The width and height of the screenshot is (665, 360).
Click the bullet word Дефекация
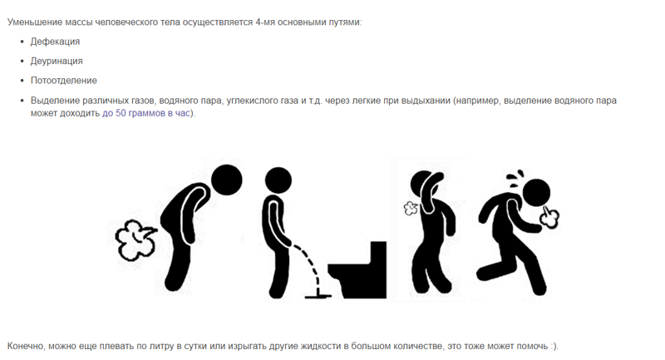point(55,42)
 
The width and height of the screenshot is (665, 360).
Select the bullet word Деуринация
point(57,61)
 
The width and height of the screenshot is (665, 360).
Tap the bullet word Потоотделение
point(64,81)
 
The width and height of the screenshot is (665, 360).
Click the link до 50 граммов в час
point(146,114)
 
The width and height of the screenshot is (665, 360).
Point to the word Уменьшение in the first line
point(35,22)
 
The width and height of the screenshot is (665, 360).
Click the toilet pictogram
point(357,270)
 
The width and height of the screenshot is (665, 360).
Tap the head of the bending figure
point(226,180)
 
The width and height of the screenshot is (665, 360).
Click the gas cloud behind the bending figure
point(135,239)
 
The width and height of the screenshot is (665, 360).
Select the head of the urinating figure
point(278,180)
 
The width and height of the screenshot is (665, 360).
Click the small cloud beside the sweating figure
point(411,208)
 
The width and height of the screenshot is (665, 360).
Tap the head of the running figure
point(536,193)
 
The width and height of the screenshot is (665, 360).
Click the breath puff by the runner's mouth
point(549,217)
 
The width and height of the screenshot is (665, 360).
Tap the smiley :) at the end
point(554,347)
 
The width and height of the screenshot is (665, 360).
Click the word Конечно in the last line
point(26,347)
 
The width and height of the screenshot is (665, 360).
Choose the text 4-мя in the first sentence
point(265,22)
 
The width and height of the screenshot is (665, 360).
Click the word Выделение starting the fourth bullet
point(55,101)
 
